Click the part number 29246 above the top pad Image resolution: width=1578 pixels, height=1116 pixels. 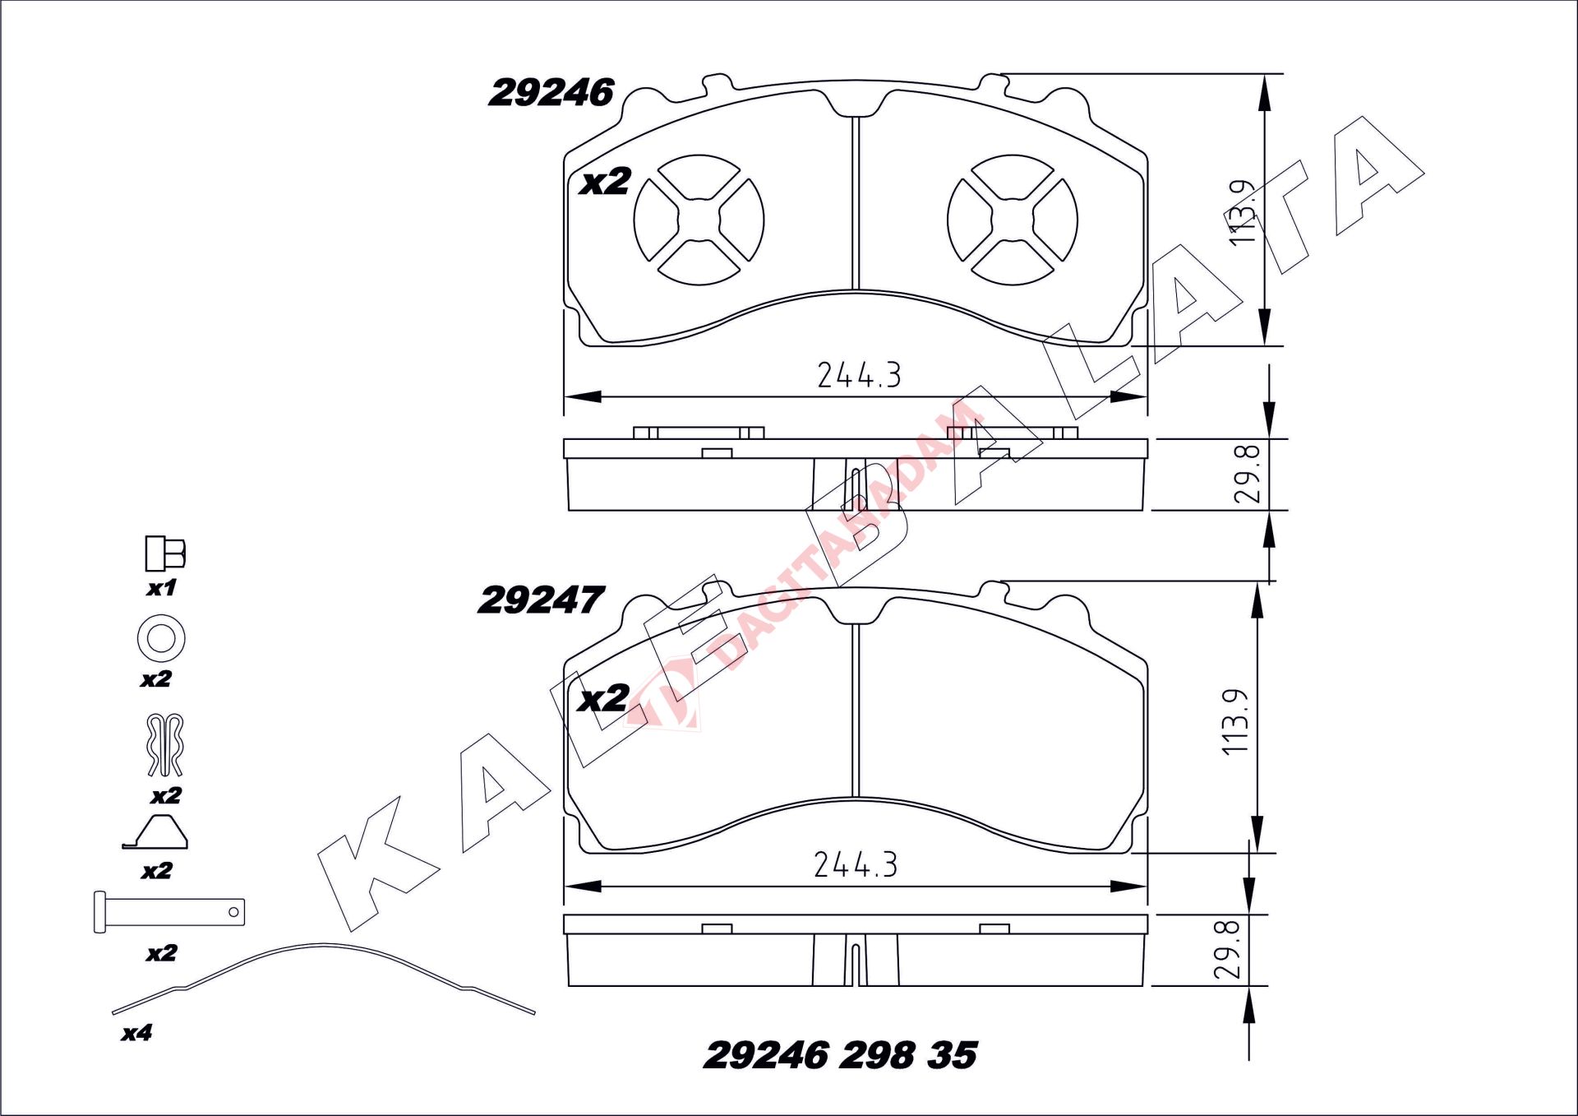[x=551, y=93]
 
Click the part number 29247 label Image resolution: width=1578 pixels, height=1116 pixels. [x=541, y=600]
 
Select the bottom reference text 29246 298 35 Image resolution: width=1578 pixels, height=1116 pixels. [x=841, y=1055]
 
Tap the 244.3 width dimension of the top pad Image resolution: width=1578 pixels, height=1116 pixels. [x=859, y=375]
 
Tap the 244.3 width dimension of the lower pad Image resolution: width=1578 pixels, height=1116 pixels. [x=856, y=864]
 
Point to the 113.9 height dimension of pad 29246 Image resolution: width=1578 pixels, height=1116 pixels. [x=1243, y=211]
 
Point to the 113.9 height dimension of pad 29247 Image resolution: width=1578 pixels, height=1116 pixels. [x=1235, y=721]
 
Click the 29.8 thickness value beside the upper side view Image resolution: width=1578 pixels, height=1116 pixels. [x=1247, y=473]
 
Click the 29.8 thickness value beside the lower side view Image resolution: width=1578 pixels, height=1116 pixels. [x=1227, y=950]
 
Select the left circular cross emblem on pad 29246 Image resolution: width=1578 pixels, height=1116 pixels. [x=699, y=220]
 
